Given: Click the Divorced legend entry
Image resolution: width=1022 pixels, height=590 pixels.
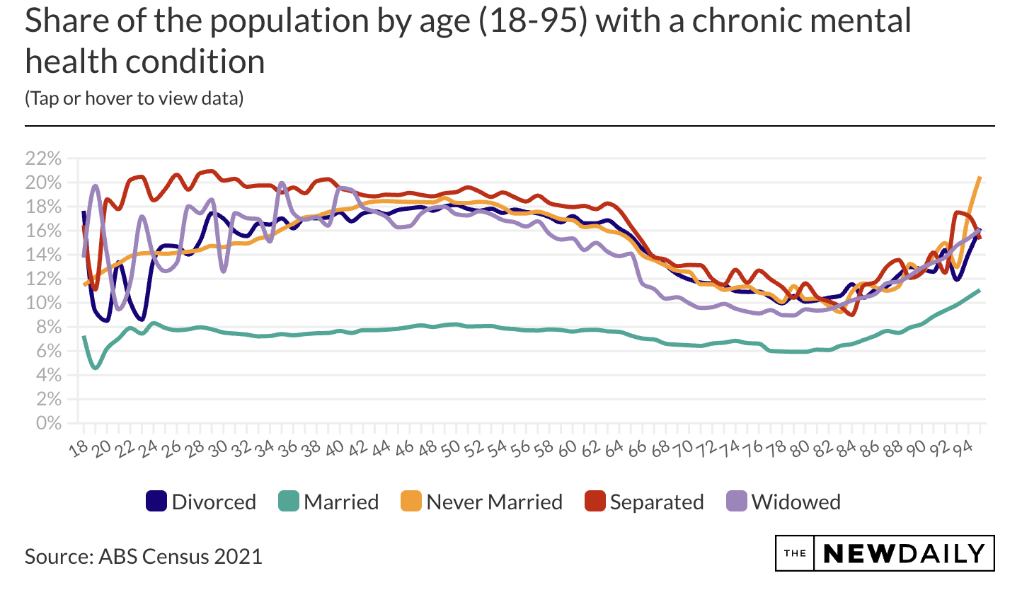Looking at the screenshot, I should tap(201, 502).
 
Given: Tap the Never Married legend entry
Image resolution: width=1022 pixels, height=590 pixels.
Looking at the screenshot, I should tap(482, 502).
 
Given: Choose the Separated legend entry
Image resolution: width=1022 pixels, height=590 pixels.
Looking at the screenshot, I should tap(645, 502).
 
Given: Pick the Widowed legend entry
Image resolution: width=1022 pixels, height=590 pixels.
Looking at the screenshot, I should tap(784, 502).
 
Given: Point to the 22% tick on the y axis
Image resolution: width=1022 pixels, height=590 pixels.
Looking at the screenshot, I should tap(43, 158).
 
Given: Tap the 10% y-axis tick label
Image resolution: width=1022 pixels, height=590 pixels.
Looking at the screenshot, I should tap(43, 303).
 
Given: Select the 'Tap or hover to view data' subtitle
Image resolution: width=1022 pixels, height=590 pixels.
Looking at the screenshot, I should tap(134, 98).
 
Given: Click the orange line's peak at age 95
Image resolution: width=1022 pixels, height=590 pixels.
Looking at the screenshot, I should tap(980, 177).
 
